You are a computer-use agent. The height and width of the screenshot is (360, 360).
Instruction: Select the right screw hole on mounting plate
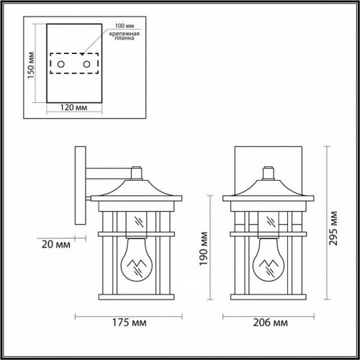86,66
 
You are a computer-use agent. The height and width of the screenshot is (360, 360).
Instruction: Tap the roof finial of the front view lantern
271,173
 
